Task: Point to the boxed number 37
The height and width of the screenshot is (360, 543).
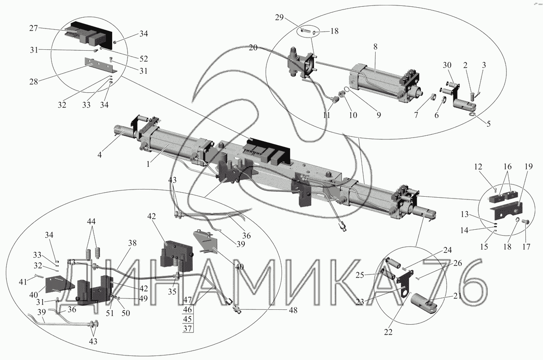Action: [x=187, y=328]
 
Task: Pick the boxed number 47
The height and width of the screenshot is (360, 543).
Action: [x=187, y=300]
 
